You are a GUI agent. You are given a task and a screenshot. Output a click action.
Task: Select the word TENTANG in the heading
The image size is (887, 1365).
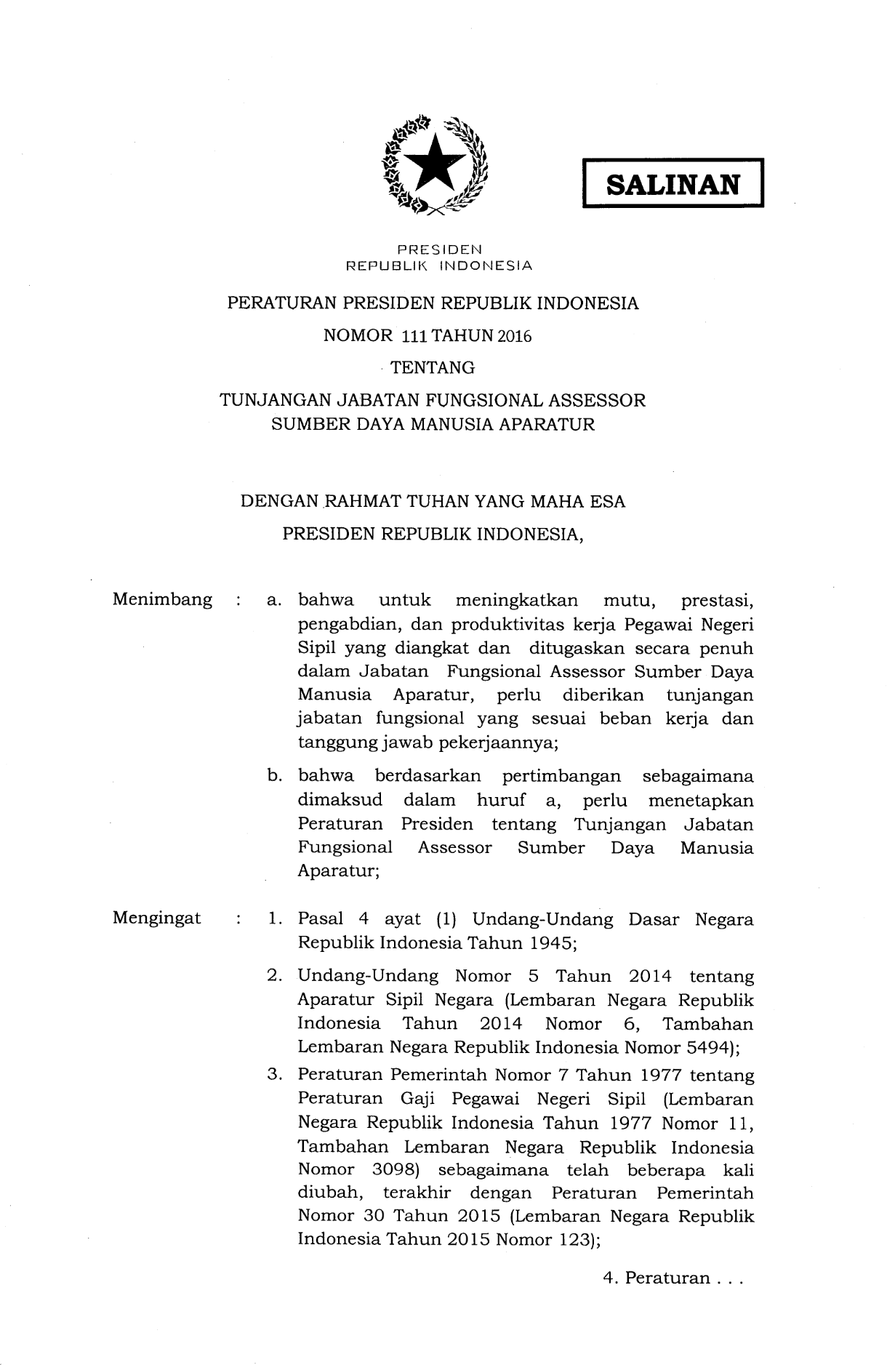(x=433, y=368)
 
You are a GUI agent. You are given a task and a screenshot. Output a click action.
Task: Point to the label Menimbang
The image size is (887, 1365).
(x=162, y=600)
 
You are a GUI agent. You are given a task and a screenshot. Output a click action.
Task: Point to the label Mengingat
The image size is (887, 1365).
(x=156, y=918)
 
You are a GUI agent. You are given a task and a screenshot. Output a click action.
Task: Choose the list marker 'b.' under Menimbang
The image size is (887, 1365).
(x=276, y=777)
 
